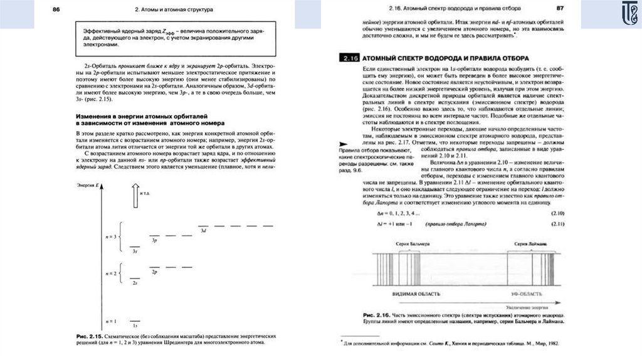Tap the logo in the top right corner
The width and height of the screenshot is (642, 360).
point(623,14)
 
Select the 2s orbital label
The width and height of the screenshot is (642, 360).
point(135,283)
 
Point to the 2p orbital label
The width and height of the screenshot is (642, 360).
point(154,272)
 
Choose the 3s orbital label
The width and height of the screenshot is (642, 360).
point(135,251)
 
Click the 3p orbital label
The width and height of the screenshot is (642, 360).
point(154,240)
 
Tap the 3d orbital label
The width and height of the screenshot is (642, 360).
point(203,231)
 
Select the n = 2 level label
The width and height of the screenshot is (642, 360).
point(112,273)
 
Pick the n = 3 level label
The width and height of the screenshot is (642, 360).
point(112,237)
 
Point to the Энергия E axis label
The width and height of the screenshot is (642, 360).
point(87,186)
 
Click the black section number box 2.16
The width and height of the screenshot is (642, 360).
point(349,57)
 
